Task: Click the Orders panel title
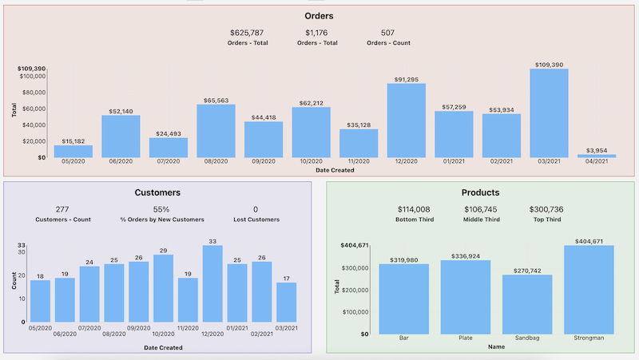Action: click(x=319, y=16)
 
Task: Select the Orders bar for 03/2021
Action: click(x=549, y=113)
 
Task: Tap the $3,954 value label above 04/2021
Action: click(x=597, y=150)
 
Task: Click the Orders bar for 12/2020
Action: click(x=406, y=120)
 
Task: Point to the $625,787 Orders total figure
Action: click(x=247, y=33)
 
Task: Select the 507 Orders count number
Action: click(x=387, y=33)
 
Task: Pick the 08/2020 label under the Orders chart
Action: click(x=216, y=161)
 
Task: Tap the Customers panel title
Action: click(x=157, y=192)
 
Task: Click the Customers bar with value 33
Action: click(x=212, y=283)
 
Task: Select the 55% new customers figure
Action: click(x=161, y=209)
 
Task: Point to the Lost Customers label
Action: click(x=256, y=220)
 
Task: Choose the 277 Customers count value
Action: click(x=63, y=209)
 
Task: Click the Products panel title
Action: click(x=480, y=192)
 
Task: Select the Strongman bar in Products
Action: click(x=589, y=289)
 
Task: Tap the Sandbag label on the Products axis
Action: click(x=527, y=338)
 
